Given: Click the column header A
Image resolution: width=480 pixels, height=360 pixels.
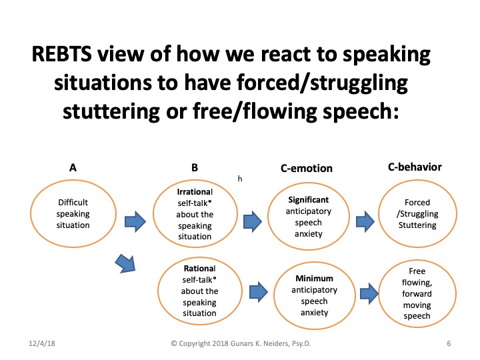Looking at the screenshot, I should [72, 169].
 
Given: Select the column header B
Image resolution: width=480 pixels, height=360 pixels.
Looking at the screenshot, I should [195, 169].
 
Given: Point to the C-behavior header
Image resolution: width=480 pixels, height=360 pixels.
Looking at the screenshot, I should [415, 167].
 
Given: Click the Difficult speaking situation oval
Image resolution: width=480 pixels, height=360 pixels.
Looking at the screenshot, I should [73, 213].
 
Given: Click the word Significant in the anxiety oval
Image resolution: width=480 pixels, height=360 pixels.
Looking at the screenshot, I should [308, 199].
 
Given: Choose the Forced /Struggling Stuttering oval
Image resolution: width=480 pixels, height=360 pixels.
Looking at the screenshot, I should [417, 213].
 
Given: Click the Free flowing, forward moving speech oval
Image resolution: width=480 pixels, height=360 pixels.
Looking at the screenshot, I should [418, 293].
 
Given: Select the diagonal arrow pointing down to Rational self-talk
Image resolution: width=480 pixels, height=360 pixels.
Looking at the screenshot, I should [125, 263].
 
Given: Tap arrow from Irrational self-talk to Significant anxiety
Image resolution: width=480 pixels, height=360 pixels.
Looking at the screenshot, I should [252, 220].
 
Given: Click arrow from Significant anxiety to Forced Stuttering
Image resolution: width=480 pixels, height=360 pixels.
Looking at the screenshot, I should [364, 220].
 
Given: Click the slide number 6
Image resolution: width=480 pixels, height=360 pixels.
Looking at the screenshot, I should [449, 343].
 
